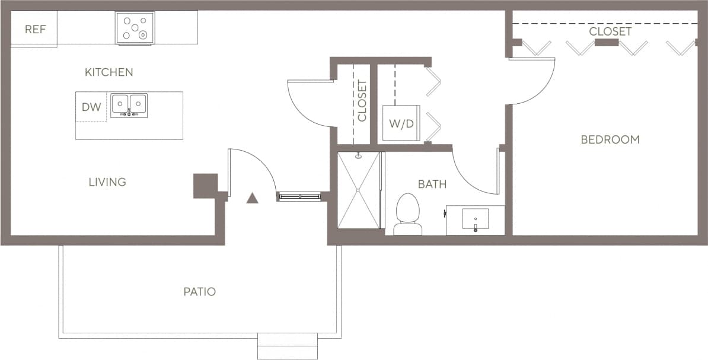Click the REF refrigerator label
[x=35, y=29]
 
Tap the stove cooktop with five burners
[x=135, y=27]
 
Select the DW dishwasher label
[x=91, y=107]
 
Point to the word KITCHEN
[x=109, y=72]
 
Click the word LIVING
[x=107, y=182]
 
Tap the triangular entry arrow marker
[x=252, y=198]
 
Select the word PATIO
[x=199, y=292]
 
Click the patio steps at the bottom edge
[x=288, y=346]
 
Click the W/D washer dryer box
[x=401, y=123]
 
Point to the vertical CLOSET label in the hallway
[x=362, y=101]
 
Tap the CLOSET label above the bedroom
[x=610, y=31]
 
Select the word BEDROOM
[x=610, y=140]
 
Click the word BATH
[x=432, y=184]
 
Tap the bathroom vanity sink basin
[x=475, y=219]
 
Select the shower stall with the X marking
[x=358, y=190]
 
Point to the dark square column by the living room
[x=205, y=186]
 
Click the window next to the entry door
[x=299, y=196]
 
